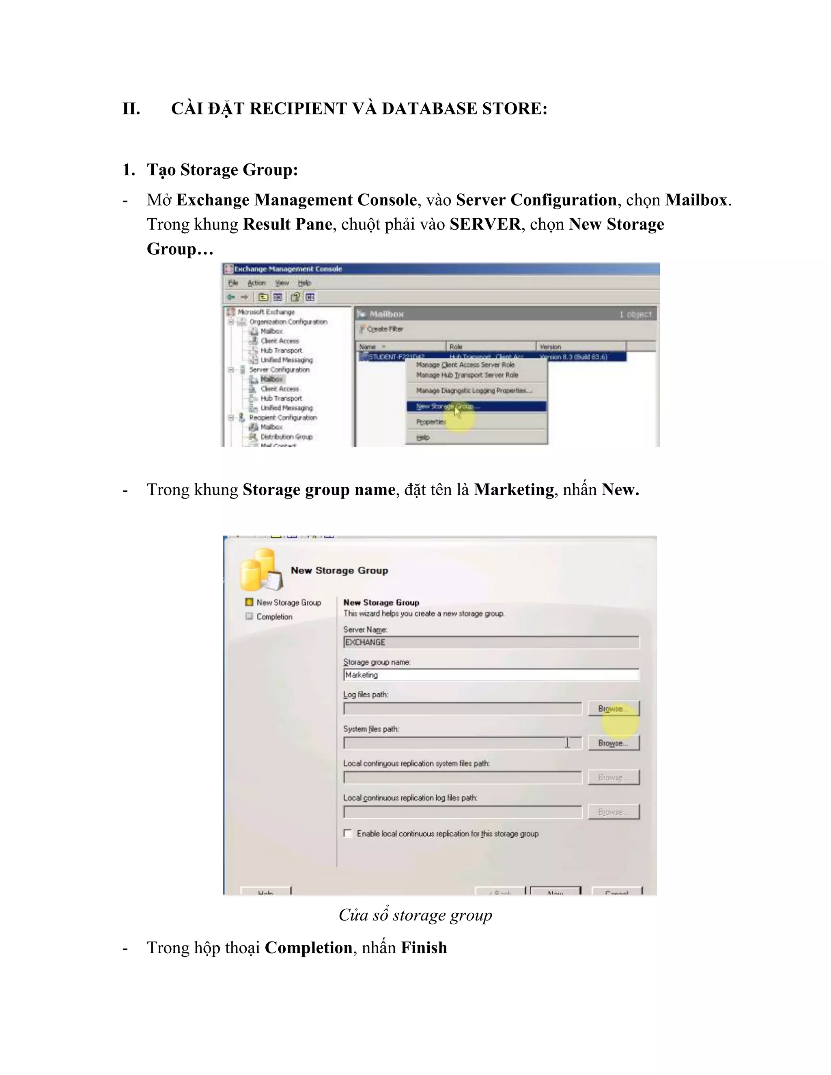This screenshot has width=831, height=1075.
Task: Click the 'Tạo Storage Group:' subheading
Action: [222, 170]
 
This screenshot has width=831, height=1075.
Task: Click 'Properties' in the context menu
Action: [431, 422]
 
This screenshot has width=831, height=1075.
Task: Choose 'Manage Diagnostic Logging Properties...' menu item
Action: [474, 390]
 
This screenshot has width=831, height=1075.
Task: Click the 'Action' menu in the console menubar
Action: [256, 283]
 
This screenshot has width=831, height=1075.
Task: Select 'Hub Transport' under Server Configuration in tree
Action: [281, 398]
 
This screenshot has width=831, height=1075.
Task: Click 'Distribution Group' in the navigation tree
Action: [286, 436]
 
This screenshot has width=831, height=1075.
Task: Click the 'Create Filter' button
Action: [381, 329]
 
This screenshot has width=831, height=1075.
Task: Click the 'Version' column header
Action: [550, 346]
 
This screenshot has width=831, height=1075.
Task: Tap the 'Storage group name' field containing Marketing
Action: [491, 675]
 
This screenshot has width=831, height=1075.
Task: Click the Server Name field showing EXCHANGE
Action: [491, 642]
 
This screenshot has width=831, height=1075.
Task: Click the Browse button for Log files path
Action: [614, 709]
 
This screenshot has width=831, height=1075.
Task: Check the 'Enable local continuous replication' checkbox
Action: [348, 833]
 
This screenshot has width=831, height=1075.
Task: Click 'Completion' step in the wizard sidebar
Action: [274, 617]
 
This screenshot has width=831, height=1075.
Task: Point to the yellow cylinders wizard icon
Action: [261, 570]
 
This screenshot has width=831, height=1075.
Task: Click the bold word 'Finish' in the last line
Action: [424, 948]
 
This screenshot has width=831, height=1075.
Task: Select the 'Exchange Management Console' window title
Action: [288, 269]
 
